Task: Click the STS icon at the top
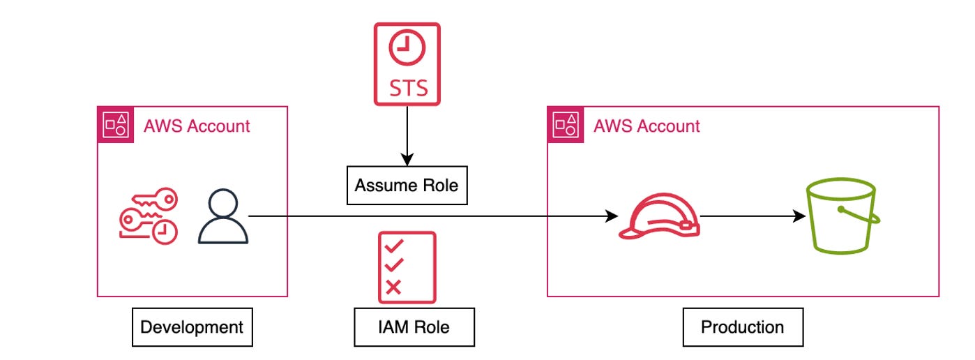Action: [407, 64]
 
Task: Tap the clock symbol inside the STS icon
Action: [407, 50]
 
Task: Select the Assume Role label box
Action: [407, 186]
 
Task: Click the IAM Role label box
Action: [414, 327]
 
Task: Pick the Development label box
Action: [192, 327]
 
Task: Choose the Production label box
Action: [742, 327]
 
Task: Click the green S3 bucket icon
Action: [842, 216]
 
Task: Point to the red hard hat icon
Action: [658, 216]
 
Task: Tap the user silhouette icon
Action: [222, 218]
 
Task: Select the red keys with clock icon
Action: [148, 216]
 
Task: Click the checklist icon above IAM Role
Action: [407, 268]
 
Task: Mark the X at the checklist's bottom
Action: [393, 287]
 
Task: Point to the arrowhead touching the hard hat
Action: [612, 216]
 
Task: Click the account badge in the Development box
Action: [115, 125]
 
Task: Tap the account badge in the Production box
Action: [566, 125]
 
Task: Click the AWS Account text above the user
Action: [196, 126]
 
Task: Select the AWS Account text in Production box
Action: [647, 126]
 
